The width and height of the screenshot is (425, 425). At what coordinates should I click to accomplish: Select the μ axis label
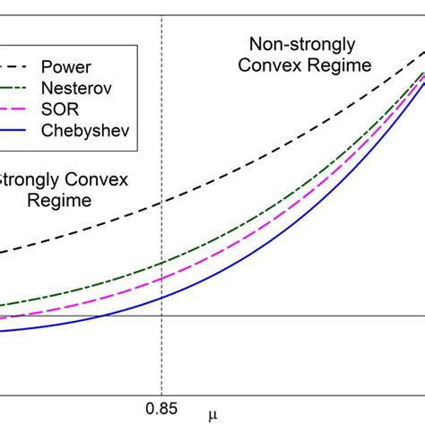(x=213, y=413)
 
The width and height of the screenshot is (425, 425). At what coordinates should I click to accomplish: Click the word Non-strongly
(x=301, y=43)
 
